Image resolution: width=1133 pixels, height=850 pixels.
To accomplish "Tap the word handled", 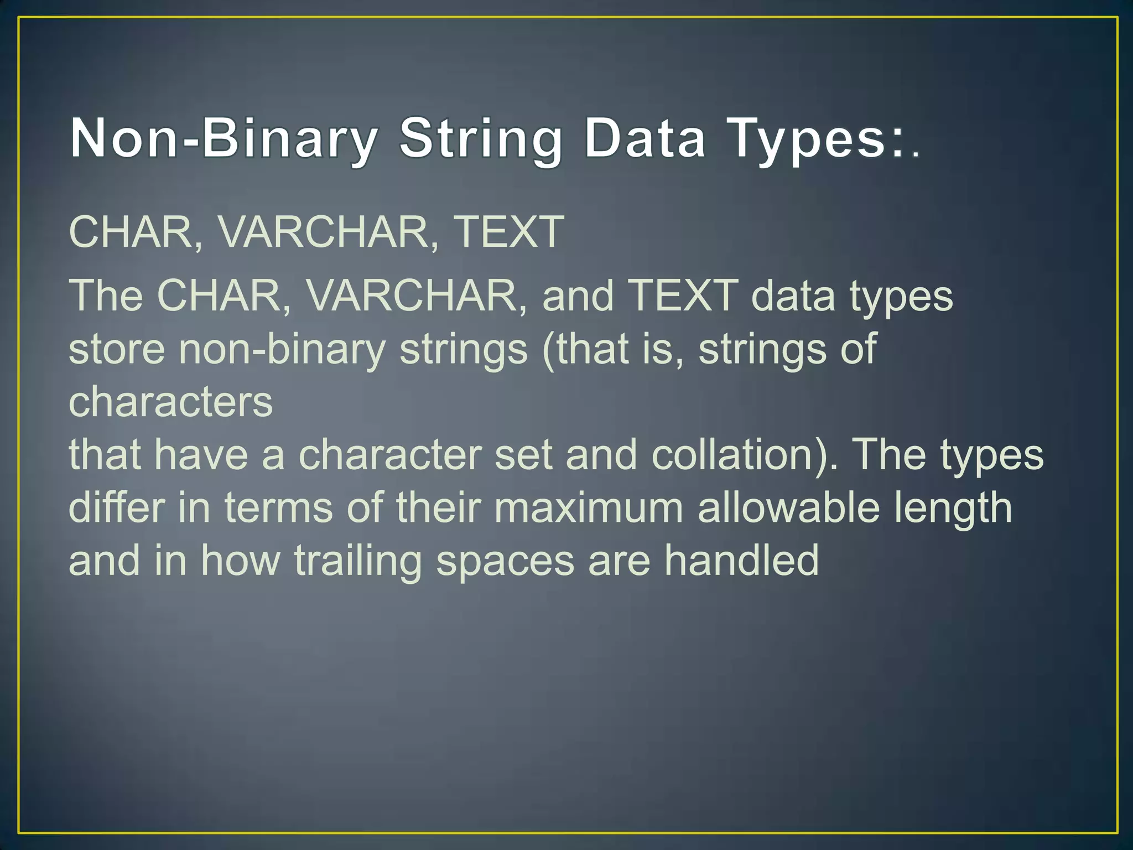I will pyautogui.click(x=741, y=560).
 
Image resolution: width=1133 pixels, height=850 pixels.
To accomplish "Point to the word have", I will pyautogui.click(x=201, y=455).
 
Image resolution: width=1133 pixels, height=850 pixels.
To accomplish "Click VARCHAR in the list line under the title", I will pyautogui.click(x=324, y=231).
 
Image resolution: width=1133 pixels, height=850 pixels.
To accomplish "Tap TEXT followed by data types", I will pyautogui.click(x=684, y=296).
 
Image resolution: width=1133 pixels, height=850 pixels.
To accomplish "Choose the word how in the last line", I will pyautogui.click(x=240, y=560).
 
